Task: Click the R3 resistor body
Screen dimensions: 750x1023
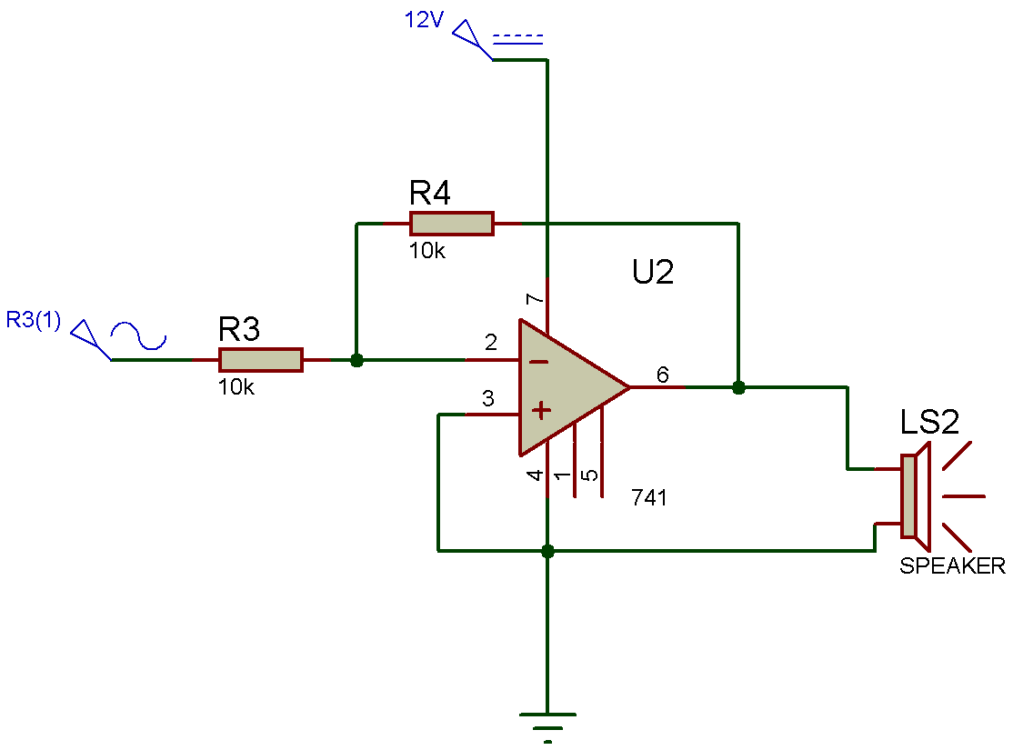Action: [260, 360]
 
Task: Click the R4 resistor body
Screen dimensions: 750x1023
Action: [451, 224]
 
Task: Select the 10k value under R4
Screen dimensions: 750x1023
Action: [427, 252]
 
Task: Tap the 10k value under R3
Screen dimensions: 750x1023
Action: [236, 387]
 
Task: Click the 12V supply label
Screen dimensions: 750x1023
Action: [424, 20]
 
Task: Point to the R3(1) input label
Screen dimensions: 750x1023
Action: [34, 320]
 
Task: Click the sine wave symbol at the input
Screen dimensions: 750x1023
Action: [138, 336]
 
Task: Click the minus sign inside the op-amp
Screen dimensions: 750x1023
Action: [539, 362]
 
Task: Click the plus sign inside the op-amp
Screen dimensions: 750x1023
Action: [541, 412]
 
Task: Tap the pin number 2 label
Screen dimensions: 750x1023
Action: [491, 343]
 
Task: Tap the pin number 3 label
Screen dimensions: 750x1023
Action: [488, 398]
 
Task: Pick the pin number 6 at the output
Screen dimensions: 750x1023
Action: [662, 374]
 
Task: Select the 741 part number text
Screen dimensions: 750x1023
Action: [649, 497]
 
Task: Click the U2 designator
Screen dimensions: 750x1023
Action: [653, 272]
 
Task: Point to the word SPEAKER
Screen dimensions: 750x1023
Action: [952, 565]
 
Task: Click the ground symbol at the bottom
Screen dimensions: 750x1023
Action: [547, 718]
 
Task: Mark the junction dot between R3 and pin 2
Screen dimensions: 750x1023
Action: [356, 360]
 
